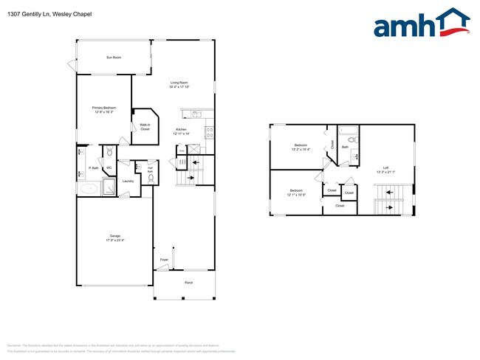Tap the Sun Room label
point(114,57)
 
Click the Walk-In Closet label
point(145,127)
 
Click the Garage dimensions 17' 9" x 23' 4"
point(114,240)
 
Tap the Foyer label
point(164,260)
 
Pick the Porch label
point(188,283)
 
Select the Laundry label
point(128,181)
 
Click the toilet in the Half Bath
point(150,179)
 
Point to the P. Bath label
point(94,168)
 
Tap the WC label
point(109,168)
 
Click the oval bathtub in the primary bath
point(89,189)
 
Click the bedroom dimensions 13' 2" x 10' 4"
point(301,149)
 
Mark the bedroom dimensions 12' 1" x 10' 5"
point(296,195)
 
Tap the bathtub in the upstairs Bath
point(348,135)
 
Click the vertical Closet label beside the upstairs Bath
point(332,145)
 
